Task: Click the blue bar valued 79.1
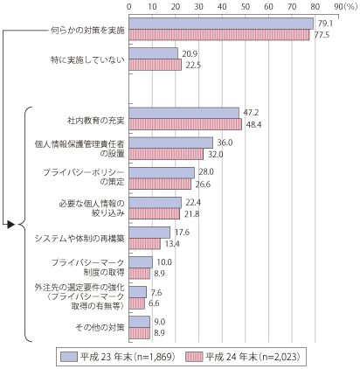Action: [x=221, y=24]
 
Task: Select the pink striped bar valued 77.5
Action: [x=219, y=35]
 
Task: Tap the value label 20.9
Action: [x=190, y=54]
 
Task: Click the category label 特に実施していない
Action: [x=87, y=59]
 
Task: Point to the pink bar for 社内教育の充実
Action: [x=185, y=124]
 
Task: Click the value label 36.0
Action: [x=225, y=143]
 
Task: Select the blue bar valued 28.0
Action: [x=162, y=172]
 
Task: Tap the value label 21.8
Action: [x=191, y=214]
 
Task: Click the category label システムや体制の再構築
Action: [x=80, y=239]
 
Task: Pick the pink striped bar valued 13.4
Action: [x=145, y=244]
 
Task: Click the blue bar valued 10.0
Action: [x=141, y=262]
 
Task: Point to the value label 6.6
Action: [x=154, y=303]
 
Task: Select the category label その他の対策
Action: [x=100, y=327]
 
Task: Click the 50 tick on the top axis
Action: [x=246, y=6]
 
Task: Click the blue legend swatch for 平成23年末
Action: [x=69, y=357]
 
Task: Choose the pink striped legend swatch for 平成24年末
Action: [x=193, y=357]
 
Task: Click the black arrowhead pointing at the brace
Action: [x=11, y=225]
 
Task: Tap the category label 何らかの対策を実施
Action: [x=87, y=31]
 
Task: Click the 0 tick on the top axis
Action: [x=129, y=6]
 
